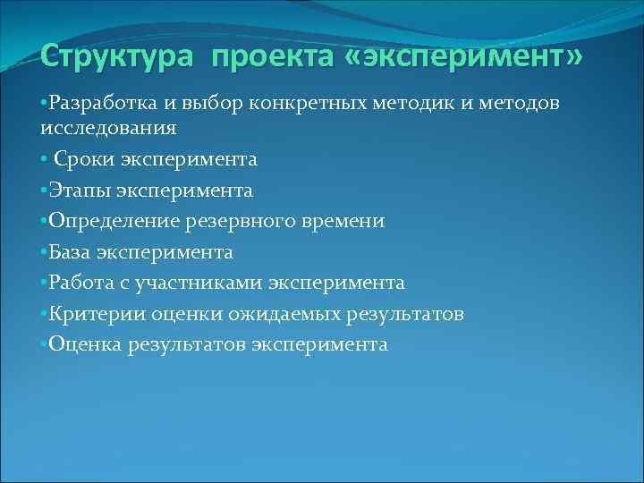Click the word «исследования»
click(x=108, y=128)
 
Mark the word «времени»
click(x=344, y=221)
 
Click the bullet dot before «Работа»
click(x=44, y=284)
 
